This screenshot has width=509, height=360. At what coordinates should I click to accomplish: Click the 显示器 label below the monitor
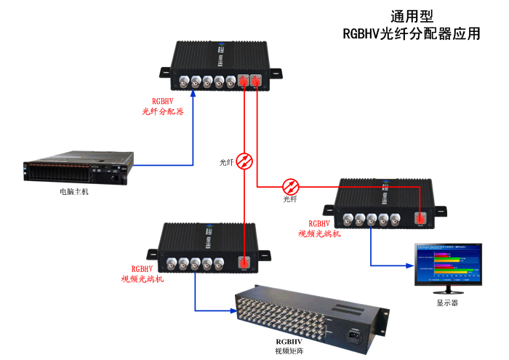click(x=447, y=302)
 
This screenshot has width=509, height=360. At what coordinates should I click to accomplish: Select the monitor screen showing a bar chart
click(x=446, y=263)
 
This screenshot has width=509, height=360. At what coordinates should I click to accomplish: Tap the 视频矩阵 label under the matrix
click(x=287, y=351)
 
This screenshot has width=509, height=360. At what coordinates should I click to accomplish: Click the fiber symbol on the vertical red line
click(x=246, y=161)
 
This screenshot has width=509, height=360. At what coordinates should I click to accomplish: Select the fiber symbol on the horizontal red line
click(x=291, y=185)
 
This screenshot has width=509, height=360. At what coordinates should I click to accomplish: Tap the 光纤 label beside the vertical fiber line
click(x=227, y=161)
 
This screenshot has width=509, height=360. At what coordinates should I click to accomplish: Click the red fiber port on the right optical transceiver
click(x=420, y=217)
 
